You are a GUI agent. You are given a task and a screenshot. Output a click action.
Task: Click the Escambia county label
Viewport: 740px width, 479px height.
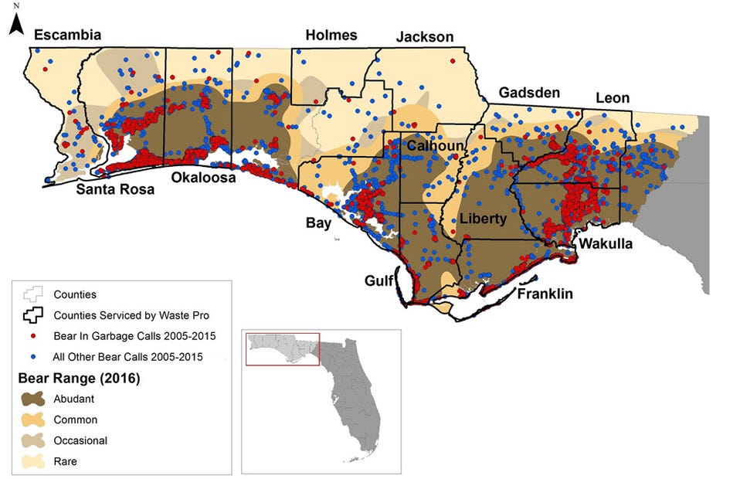click(x=67, y=34)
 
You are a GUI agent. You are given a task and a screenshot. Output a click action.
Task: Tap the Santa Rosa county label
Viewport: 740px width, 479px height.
click(x=114, y=189)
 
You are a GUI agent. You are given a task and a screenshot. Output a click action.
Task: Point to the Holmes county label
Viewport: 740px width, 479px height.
click(x=331, y=35)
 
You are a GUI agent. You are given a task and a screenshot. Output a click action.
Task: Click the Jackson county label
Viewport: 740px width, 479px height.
click(x=425, y=36)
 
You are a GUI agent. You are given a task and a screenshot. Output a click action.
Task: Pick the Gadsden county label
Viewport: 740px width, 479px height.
click(x=529, y=92)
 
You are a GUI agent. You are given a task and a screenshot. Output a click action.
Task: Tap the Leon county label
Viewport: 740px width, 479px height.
click(x=612, y=98)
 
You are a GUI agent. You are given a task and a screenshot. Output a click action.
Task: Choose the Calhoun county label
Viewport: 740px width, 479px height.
click(x=436, y=146)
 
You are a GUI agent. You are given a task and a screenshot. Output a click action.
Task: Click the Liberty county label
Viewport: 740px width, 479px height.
click(x=483, y=219)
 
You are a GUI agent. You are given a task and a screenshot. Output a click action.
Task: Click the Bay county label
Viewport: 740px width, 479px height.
click(x=319, y=223)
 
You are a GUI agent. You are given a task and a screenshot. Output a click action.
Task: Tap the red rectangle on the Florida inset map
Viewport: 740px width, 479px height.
click(x=282, y=349)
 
